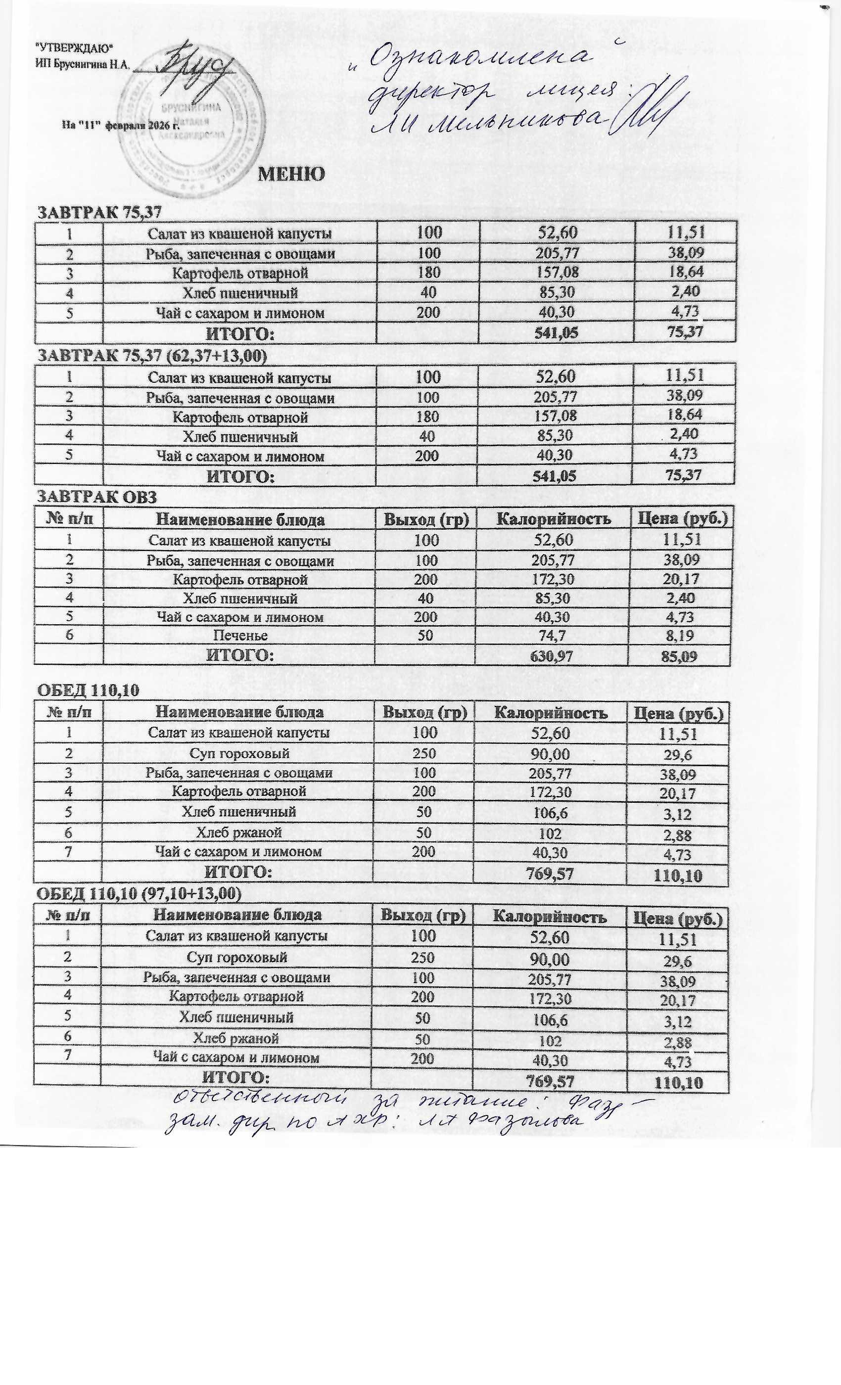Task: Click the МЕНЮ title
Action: click(291, 174)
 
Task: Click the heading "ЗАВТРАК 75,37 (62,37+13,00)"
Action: click(152, 356)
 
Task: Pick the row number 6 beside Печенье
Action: click(69, 635)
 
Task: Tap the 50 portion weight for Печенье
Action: click(425, 636)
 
